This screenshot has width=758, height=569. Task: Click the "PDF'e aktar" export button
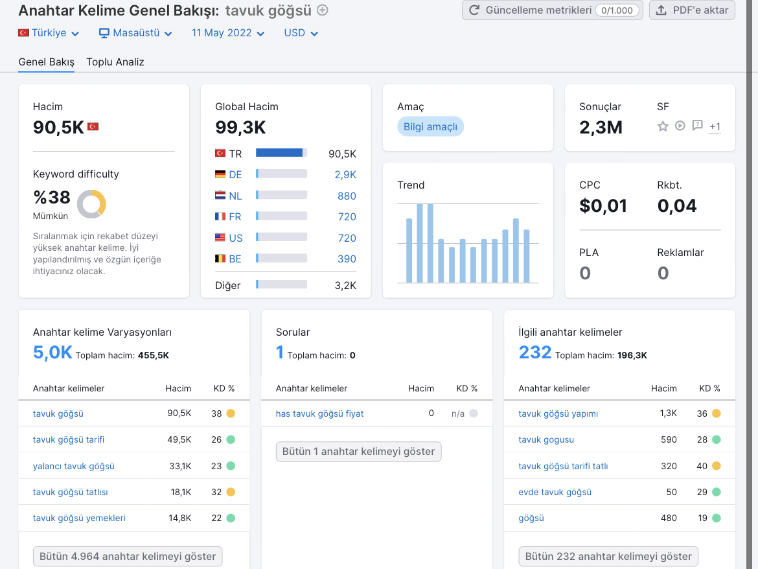tap(692, 10)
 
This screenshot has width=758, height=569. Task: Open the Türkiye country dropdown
tap(49, 33)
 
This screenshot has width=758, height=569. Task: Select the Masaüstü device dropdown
tap(136, 33)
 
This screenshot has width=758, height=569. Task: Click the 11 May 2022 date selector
tap(228, 33)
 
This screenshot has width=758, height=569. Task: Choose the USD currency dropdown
tap(301, 33)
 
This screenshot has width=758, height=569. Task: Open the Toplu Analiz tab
tap(115, 62)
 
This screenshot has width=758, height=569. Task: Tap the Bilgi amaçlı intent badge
tap(430, 126)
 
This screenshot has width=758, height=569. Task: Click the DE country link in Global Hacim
tap(235, 174)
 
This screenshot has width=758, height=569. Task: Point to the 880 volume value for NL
tap(347, 196)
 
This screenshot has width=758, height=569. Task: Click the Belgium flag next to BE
tap(220, 259)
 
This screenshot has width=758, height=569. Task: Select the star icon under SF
tap(663, 126)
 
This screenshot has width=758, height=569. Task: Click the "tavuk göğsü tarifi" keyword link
tap(69, 439)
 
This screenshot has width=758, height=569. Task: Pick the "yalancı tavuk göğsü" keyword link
tap(73, 466)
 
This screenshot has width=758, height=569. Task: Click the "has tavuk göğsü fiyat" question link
tap(319, 413)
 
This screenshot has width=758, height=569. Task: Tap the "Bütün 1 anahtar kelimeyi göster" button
tap(359, 452)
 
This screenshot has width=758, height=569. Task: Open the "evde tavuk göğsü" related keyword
tap(555, 492)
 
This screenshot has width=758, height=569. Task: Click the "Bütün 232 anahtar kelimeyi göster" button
tap(608, 557)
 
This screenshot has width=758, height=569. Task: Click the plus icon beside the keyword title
tap(323, 10)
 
